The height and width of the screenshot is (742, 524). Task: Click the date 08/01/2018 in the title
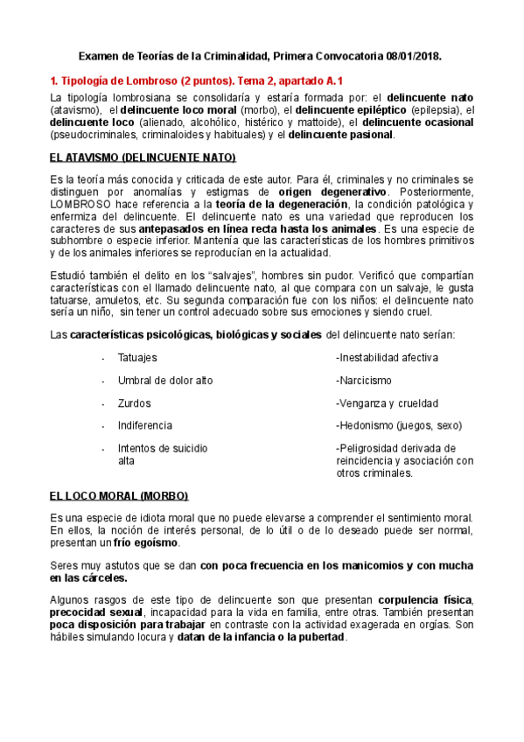click(412, 54)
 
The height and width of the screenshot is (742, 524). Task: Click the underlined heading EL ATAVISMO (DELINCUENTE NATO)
click(143, 157)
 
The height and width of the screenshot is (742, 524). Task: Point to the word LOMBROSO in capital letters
click(81, 203)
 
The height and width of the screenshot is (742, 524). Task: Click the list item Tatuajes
click(137, 358)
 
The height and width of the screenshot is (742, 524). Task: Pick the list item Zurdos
click(134, 403)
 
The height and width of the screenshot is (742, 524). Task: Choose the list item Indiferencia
click(144, 426)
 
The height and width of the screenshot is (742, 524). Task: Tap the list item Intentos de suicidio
click(163, 448)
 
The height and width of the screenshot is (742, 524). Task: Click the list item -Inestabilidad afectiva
click(387, 358)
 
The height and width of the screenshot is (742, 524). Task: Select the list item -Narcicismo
click(364, 381)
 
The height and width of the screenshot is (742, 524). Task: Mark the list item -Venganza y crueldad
click(387, 403)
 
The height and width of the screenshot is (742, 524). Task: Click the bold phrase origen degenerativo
click(332, 191)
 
